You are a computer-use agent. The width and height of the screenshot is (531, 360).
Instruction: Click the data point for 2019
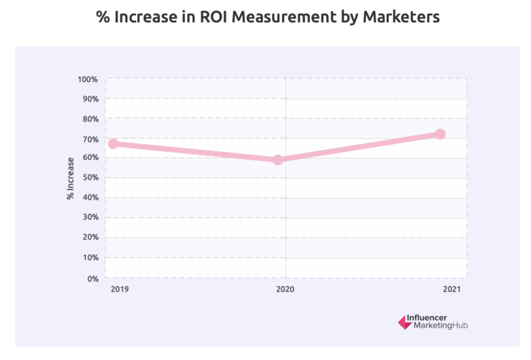point(113,144)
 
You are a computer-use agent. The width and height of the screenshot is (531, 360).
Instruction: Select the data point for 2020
point(278,159)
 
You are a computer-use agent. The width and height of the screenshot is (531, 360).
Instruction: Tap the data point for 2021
point(440,134)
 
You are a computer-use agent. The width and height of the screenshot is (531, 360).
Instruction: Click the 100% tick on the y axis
point(88,79)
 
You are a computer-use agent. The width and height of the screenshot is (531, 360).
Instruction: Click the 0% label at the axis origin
point(92,278)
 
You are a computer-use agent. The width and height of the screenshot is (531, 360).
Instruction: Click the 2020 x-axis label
point(284,290)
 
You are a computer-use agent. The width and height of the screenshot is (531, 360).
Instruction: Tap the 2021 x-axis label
point(452,290)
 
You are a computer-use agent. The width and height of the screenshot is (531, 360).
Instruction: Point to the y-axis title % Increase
point(71,178)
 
